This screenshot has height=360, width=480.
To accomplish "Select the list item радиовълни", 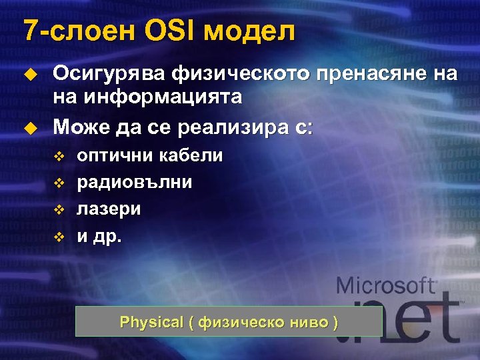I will pos(135,182).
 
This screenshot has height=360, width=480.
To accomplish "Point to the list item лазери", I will pos(109,209).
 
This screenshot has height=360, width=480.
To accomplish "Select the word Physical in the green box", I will pos(151,323).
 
